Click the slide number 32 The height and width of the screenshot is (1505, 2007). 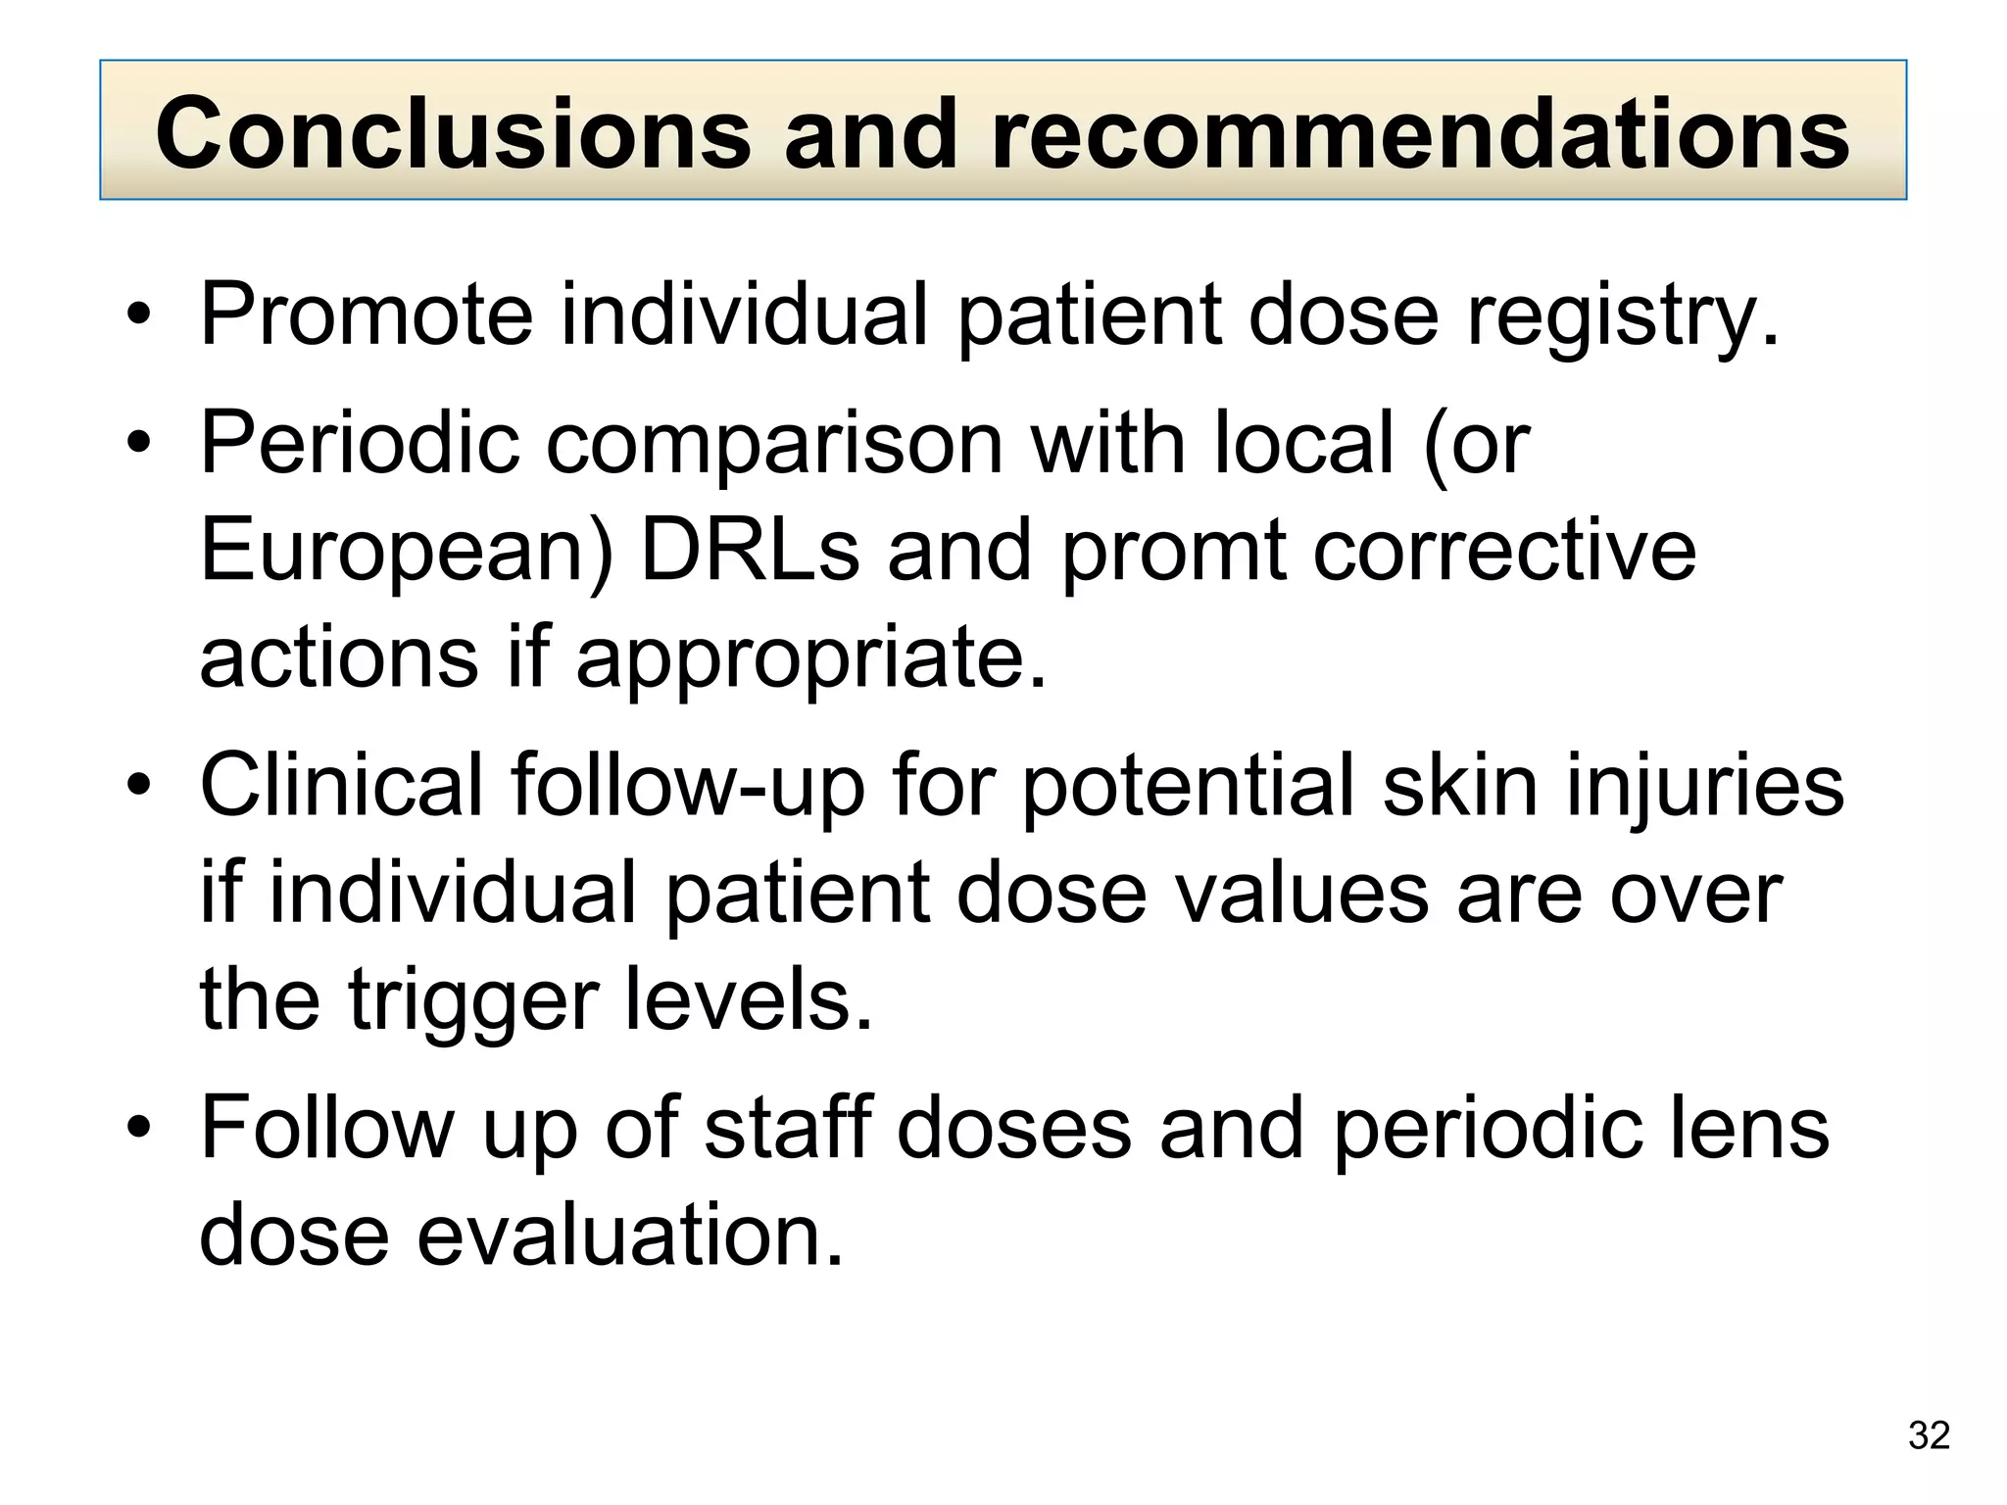(1929, 1435)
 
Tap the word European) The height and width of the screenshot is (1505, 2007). (406, 552)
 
